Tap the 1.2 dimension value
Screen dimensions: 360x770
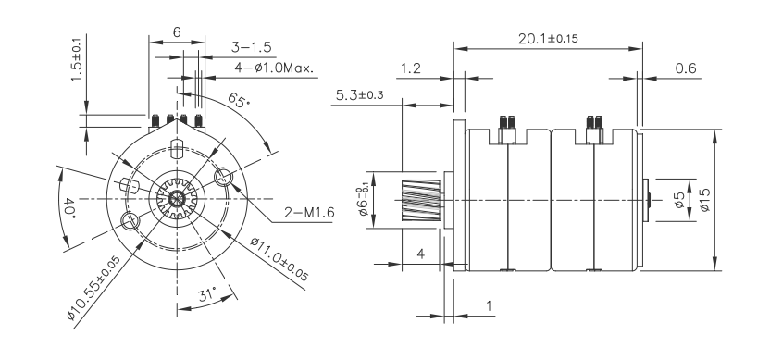tap(412, 68)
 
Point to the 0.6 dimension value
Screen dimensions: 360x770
tap(686, 68)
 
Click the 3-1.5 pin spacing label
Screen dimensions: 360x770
tap(251, 46)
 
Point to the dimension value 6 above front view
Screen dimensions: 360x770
tap(177, 31)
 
